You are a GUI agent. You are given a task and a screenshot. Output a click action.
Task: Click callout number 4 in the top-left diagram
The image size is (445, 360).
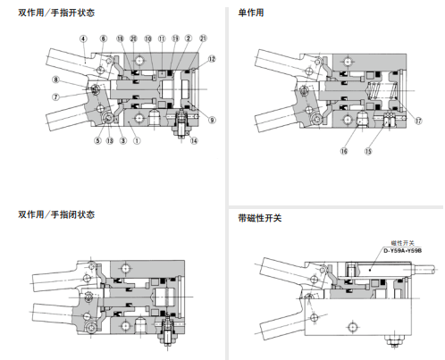pos(83,39)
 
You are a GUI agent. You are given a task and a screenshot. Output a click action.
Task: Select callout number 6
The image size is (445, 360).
pos(104,39)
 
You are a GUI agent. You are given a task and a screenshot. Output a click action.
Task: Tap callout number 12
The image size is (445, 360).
pos(211,59)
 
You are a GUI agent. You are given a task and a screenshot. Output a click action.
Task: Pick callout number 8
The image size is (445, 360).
pos(55,80)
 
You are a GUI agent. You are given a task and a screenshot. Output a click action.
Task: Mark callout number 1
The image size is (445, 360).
pos(137,141)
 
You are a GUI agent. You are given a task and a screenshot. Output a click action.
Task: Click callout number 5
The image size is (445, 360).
pos(97,141)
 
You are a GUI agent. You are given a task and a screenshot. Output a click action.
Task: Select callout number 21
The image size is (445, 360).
pos(204,39)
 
